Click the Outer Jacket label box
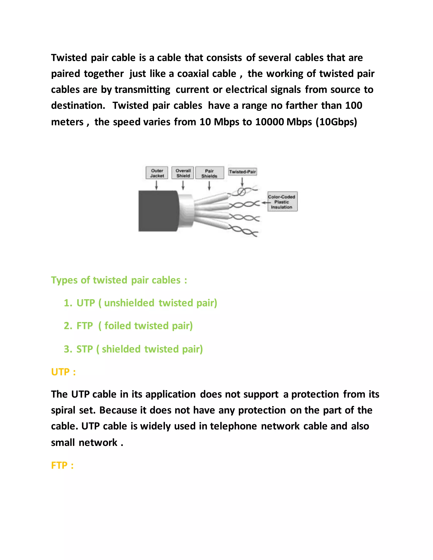[x=157, y=173]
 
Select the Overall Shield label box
[x=183, y=173]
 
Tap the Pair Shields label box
[x=209, y=173]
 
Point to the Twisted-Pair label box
[x=243, y=172]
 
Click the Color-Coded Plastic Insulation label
[x=282, y=202]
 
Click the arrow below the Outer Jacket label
[x=156, y=185]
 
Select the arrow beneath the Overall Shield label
[x=183, y=185]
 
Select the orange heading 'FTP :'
[x=62, y=465]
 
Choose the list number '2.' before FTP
[x=68, y=326]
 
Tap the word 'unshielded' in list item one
[x=129, y=303]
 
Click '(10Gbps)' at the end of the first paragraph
[x=336, y=122]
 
